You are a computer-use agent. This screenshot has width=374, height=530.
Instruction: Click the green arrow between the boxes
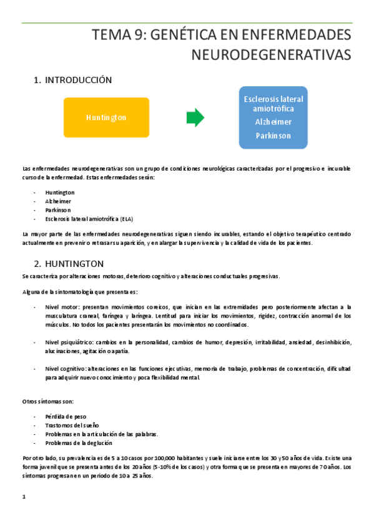point(195,117)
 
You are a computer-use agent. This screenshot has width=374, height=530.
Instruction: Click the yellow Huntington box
point(106,117)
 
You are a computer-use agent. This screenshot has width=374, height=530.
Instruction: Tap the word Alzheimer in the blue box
point(273,122)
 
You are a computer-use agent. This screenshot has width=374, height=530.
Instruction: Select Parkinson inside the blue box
point(273,135)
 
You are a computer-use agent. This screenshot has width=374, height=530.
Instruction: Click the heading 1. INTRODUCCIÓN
point(72,80)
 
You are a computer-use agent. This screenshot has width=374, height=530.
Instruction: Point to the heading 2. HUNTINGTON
point(69,263)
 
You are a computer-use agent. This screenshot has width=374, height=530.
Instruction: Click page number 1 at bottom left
point(24,497)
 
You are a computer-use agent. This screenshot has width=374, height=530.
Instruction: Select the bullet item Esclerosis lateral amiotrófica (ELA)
point(89,219)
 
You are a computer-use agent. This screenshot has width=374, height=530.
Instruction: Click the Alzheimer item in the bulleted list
point(58,201)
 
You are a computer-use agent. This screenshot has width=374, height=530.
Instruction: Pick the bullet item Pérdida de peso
point(66,416)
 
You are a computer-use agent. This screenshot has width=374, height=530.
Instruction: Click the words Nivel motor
point(62,307)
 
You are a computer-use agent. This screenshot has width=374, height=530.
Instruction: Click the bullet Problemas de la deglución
point(79,442)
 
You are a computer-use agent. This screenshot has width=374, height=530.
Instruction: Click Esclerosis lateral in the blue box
point(273,99)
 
